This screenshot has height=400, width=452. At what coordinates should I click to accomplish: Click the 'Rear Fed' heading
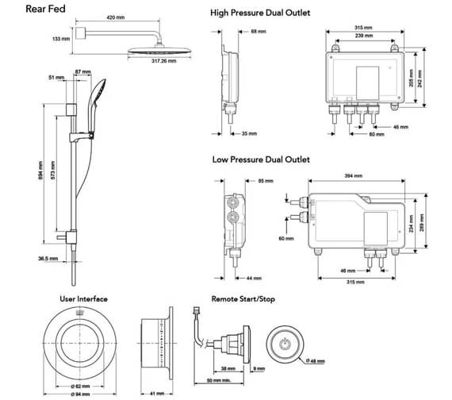tap(45, 9)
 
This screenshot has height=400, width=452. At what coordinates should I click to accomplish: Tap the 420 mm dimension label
tap(116, 17)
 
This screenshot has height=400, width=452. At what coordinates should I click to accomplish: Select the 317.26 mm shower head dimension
tap(163, 61)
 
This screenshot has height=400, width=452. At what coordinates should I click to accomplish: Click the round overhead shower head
tap(159, 51)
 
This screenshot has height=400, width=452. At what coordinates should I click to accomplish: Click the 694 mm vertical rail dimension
tap(40, 171)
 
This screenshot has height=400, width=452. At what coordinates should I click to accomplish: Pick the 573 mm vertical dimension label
tap(53, 171)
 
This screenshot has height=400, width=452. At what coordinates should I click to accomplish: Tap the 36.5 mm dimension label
tap(48, 259)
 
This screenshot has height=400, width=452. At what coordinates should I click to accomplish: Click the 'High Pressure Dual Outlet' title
tap(260, 13)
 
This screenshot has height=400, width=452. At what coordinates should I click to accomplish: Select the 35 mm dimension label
tap(249, 133)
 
